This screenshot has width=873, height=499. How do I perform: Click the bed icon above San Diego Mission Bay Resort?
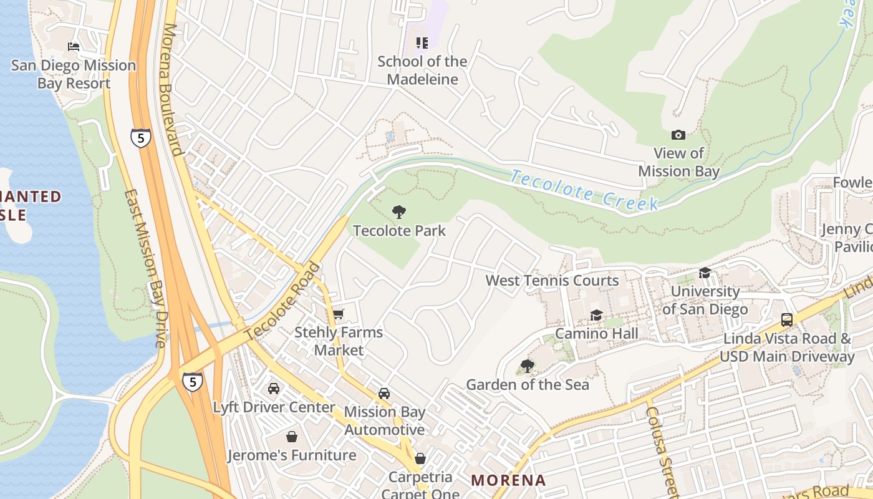click(74, 47)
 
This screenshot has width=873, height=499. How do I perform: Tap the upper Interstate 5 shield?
click(141, 138)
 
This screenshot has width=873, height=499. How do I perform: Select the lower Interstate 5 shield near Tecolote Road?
click(193, 381)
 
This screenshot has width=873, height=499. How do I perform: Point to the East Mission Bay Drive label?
click(145, 268)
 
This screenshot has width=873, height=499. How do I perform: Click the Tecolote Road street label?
click(283, 302)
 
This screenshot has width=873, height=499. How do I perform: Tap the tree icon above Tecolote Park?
click(399, 212)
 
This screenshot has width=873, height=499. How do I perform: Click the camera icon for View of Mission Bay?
click(678, 135)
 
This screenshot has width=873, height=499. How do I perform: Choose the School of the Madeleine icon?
click(422, 43)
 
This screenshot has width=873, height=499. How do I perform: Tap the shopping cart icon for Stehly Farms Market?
click(338, 314)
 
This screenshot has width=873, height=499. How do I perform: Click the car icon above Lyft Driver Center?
click(273, 389)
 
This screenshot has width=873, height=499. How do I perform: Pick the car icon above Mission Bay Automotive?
click(384, 394)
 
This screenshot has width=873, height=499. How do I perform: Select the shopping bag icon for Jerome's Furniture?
click(291, 437)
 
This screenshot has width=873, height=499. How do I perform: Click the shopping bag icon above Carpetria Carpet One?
click(420, 459)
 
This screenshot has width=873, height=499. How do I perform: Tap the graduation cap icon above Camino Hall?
click(596, 315)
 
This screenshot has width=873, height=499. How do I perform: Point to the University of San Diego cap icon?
click(705, 273)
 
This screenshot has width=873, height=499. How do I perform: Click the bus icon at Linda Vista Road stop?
click(787, 320)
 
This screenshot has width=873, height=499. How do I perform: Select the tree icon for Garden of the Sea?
click(528, 366)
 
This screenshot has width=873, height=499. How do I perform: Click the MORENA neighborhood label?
click(508, 480)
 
